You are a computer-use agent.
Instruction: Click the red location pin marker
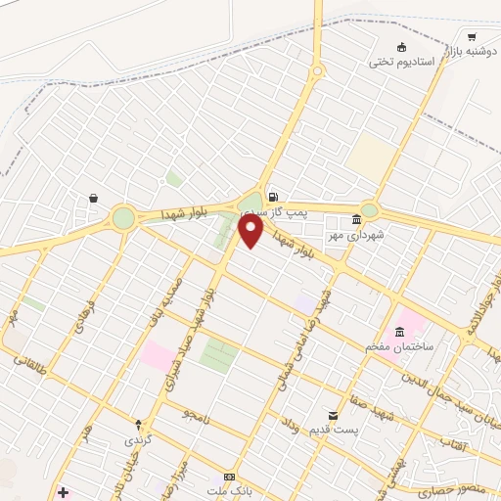point(250,230)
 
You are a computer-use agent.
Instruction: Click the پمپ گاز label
point(294,211)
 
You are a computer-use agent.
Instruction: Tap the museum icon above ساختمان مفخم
point(398,331)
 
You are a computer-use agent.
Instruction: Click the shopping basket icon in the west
point(93,198)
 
